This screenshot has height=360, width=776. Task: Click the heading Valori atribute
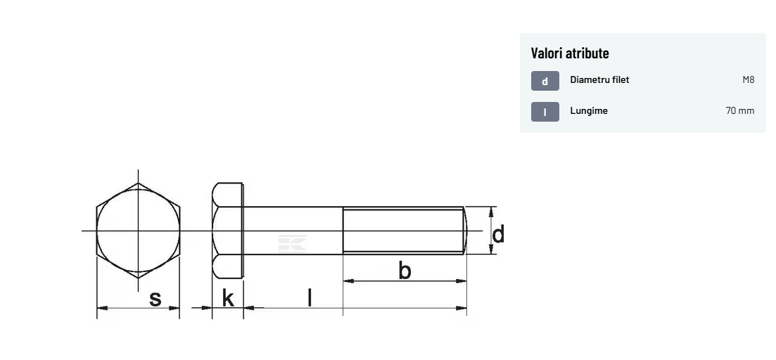[x=570, y=53]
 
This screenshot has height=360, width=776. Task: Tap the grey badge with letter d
[x=545, y=81]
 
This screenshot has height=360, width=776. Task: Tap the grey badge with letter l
[x=545, y=112]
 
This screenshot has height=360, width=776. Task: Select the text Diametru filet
[x=599, y=79]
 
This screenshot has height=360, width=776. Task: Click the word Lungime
[x=589, y=111]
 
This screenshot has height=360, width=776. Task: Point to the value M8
[x=749, y=79]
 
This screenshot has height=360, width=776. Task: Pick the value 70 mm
[x=740, y=111]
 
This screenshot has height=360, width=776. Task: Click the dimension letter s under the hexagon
[x=155, y=299]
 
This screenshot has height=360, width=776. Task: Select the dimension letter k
[x=228, y=298]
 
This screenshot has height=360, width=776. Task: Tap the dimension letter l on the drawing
[x=310, y=297]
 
